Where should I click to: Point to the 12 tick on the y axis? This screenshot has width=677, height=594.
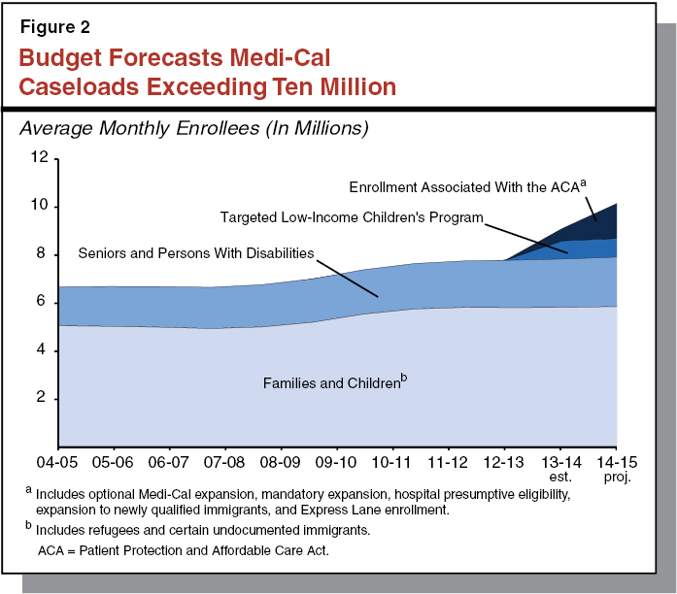(38, 159)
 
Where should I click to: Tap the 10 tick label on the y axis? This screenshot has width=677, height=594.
(38, 207)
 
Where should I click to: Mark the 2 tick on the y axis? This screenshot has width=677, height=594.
(43, 398)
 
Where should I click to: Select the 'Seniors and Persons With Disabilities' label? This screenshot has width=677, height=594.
(196, 254)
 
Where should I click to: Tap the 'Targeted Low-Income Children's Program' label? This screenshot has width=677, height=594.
(351, 217)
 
